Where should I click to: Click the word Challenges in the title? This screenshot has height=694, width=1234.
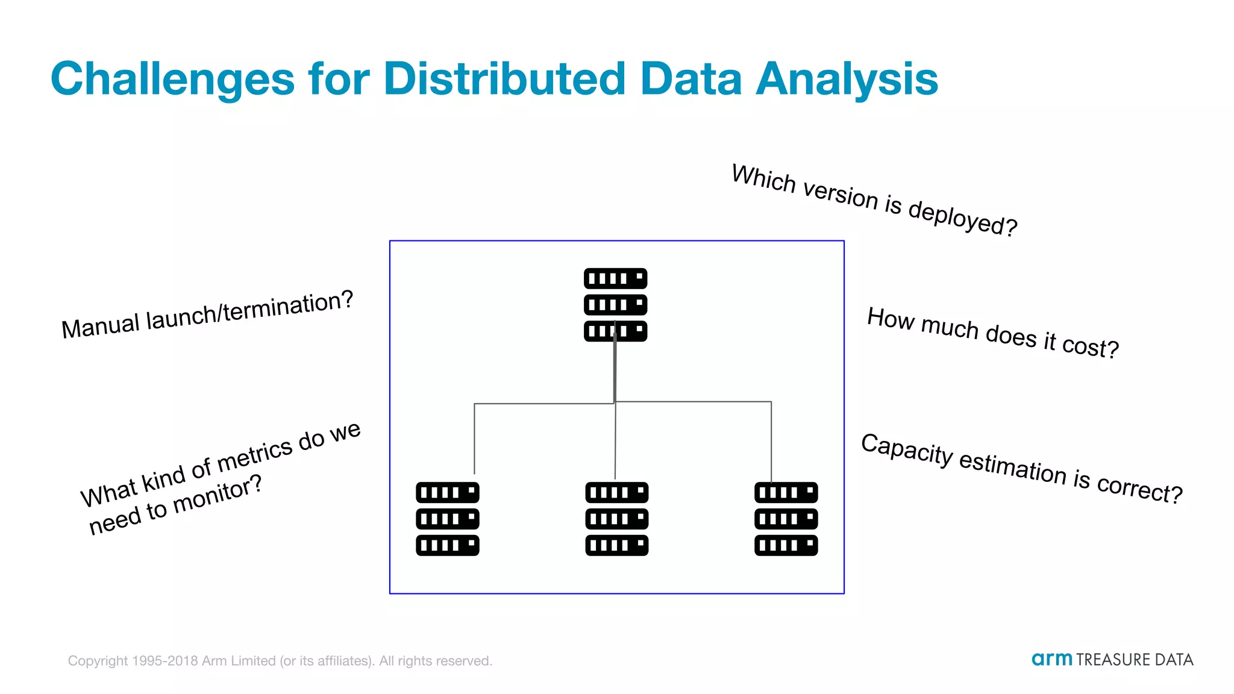(172, 80)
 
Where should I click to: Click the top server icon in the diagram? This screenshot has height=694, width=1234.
(615, 305)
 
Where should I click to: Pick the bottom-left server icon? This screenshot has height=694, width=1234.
(447, 519)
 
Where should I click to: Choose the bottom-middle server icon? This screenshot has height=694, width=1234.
(616, 519)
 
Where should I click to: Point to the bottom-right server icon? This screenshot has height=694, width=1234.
(786, 519)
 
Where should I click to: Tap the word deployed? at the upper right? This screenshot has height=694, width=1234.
(962, 218)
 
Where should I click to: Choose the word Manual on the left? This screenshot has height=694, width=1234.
(100, 326)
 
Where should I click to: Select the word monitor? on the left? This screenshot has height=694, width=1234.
(218, 493)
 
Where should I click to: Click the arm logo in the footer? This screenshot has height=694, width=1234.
(1051, 659)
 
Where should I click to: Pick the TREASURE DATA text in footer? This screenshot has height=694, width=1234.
(1134, 660)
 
